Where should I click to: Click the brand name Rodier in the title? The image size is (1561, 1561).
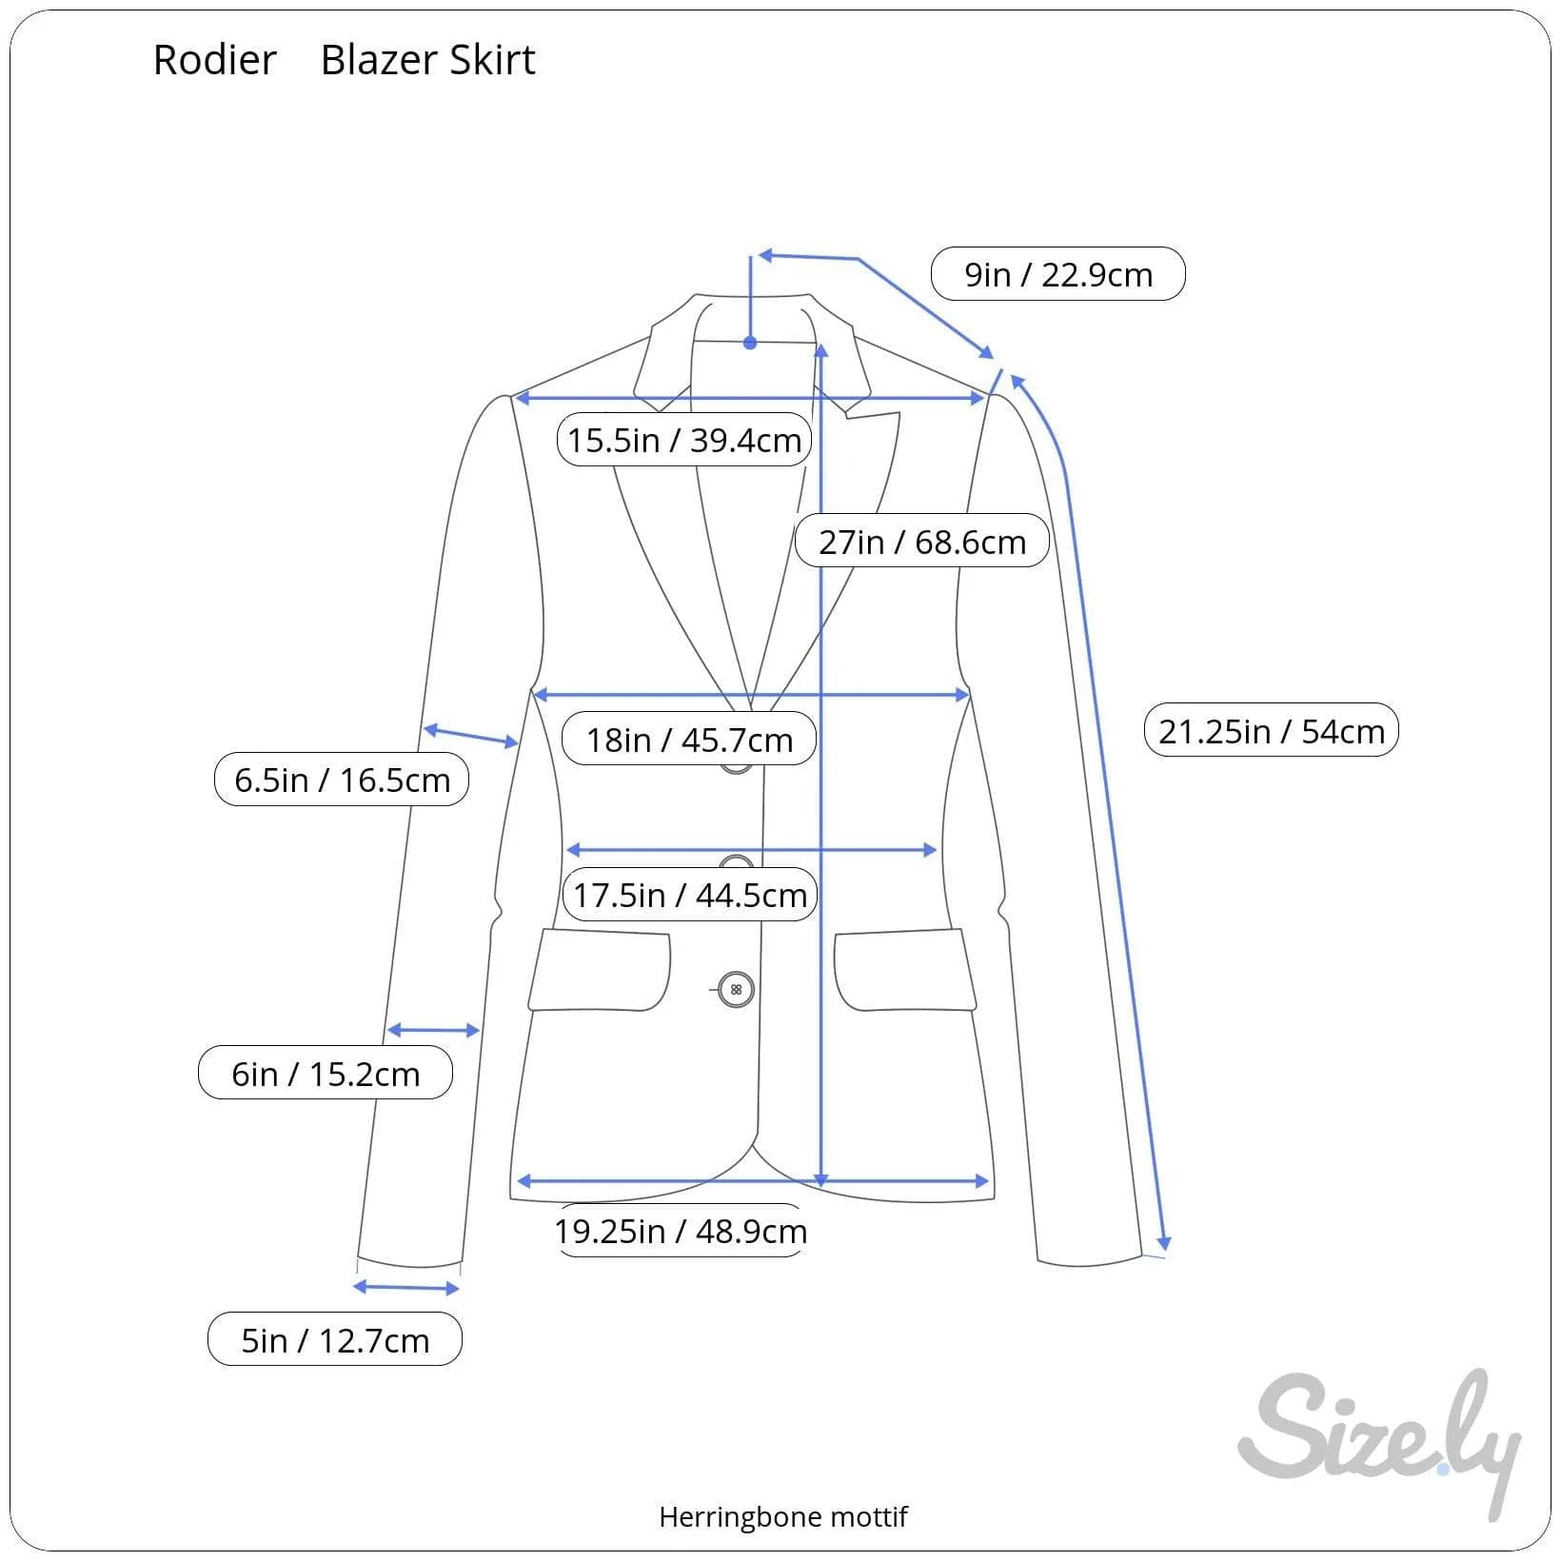coord(214,60)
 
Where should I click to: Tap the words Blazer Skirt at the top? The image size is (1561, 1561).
coord(428,60)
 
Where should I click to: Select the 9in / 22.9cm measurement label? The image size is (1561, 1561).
coord(1057,274)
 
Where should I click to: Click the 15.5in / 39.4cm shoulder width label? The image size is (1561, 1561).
coord(684,440)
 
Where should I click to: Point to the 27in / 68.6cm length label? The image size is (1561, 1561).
coord(922,541)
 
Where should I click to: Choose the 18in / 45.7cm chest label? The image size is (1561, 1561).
coord(689,739)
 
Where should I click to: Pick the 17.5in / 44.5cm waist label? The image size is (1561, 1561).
coord(690,895)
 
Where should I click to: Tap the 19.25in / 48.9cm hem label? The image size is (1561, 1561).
coord(681,1231)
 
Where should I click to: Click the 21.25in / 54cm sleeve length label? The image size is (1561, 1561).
coord(1272,730)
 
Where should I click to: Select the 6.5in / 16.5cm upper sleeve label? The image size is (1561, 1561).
coord(342,780)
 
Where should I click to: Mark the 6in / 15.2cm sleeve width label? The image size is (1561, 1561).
coord(326,1073)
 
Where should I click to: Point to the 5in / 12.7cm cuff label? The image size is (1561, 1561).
coord(335,1339)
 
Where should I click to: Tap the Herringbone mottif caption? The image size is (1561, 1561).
coord(783,1516)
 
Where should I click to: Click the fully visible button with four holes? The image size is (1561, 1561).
coord(736,990)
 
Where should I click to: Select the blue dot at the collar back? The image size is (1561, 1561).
coord(750,343)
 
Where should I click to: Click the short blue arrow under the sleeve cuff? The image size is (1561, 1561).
coord(406,1288)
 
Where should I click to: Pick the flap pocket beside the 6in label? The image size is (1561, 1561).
coord(600,970)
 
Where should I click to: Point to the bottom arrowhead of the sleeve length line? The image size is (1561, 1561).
coord(1163,1243)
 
